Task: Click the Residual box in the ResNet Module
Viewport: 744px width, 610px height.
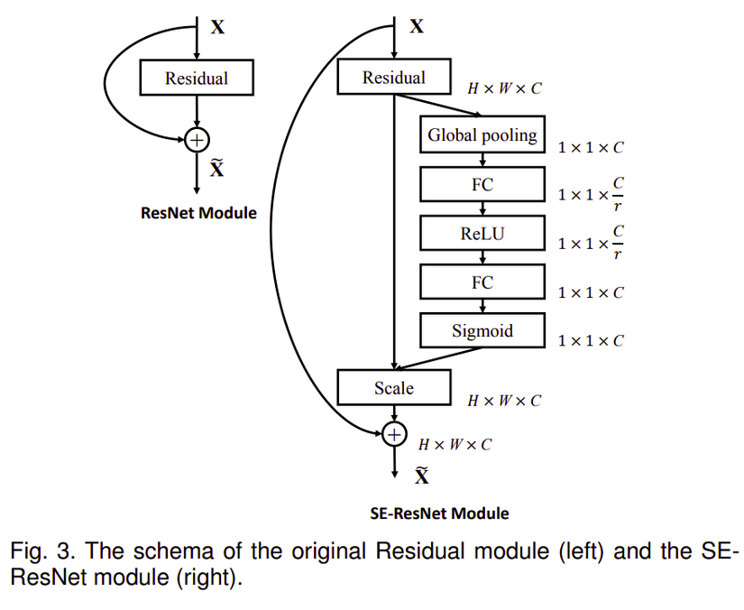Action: click(197, 79)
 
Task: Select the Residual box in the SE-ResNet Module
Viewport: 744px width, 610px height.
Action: click(393, 78)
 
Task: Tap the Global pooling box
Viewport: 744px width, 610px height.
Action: click(482, 135)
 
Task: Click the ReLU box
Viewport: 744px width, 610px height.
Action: click(482, 234)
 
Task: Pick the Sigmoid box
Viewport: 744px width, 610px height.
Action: click(482, 331)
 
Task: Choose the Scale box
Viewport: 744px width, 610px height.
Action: click(393, 388)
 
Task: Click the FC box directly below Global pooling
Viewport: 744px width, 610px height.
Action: click(482, 184)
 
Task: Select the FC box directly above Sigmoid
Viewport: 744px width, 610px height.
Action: click(482, 282)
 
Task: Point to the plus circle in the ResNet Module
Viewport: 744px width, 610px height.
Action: click(197, 139)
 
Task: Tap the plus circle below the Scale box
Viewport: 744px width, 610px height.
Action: click(394, 435)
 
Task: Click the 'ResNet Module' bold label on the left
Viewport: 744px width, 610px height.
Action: click(198, 214)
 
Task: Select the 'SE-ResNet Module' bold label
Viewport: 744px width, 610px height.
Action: click(439, 513)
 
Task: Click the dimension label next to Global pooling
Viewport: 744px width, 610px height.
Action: click(591, 147)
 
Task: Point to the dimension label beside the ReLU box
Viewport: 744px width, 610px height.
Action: click(591, 245)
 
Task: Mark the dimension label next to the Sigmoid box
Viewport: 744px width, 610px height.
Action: click(591, 341)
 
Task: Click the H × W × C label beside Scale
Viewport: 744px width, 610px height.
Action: click(504, 401)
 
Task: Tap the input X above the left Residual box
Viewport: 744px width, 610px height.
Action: click(217, 27)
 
